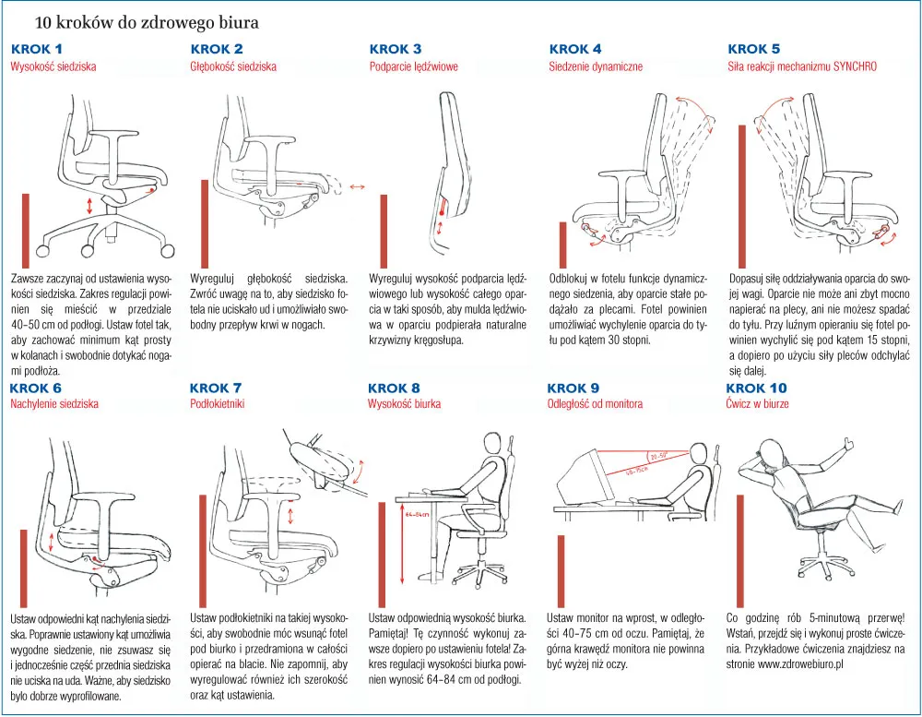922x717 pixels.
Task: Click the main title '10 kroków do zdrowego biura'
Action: click(147, 20)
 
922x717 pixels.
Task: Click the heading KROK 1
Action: click(37, 49)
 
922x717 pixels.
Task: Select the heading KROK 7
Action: click(216, 388)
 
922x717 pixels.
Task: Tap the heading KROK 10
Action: click(757, 388)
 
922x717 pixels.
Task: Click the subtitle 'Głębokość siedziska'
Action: click(233, 66)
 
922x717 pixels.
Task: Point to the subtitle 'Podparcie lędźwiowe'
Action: click(413, 66)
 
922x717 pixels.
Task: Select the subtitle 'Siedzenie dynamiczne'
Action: click(596, 66)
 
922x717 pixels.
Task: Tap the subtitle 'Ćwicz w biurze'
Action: click(757, 404)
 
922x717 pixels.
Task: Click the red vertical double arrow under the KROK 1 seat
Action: click(89, 205)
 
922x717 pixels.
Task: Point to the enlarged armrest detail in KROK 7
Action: click(318, 458)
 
